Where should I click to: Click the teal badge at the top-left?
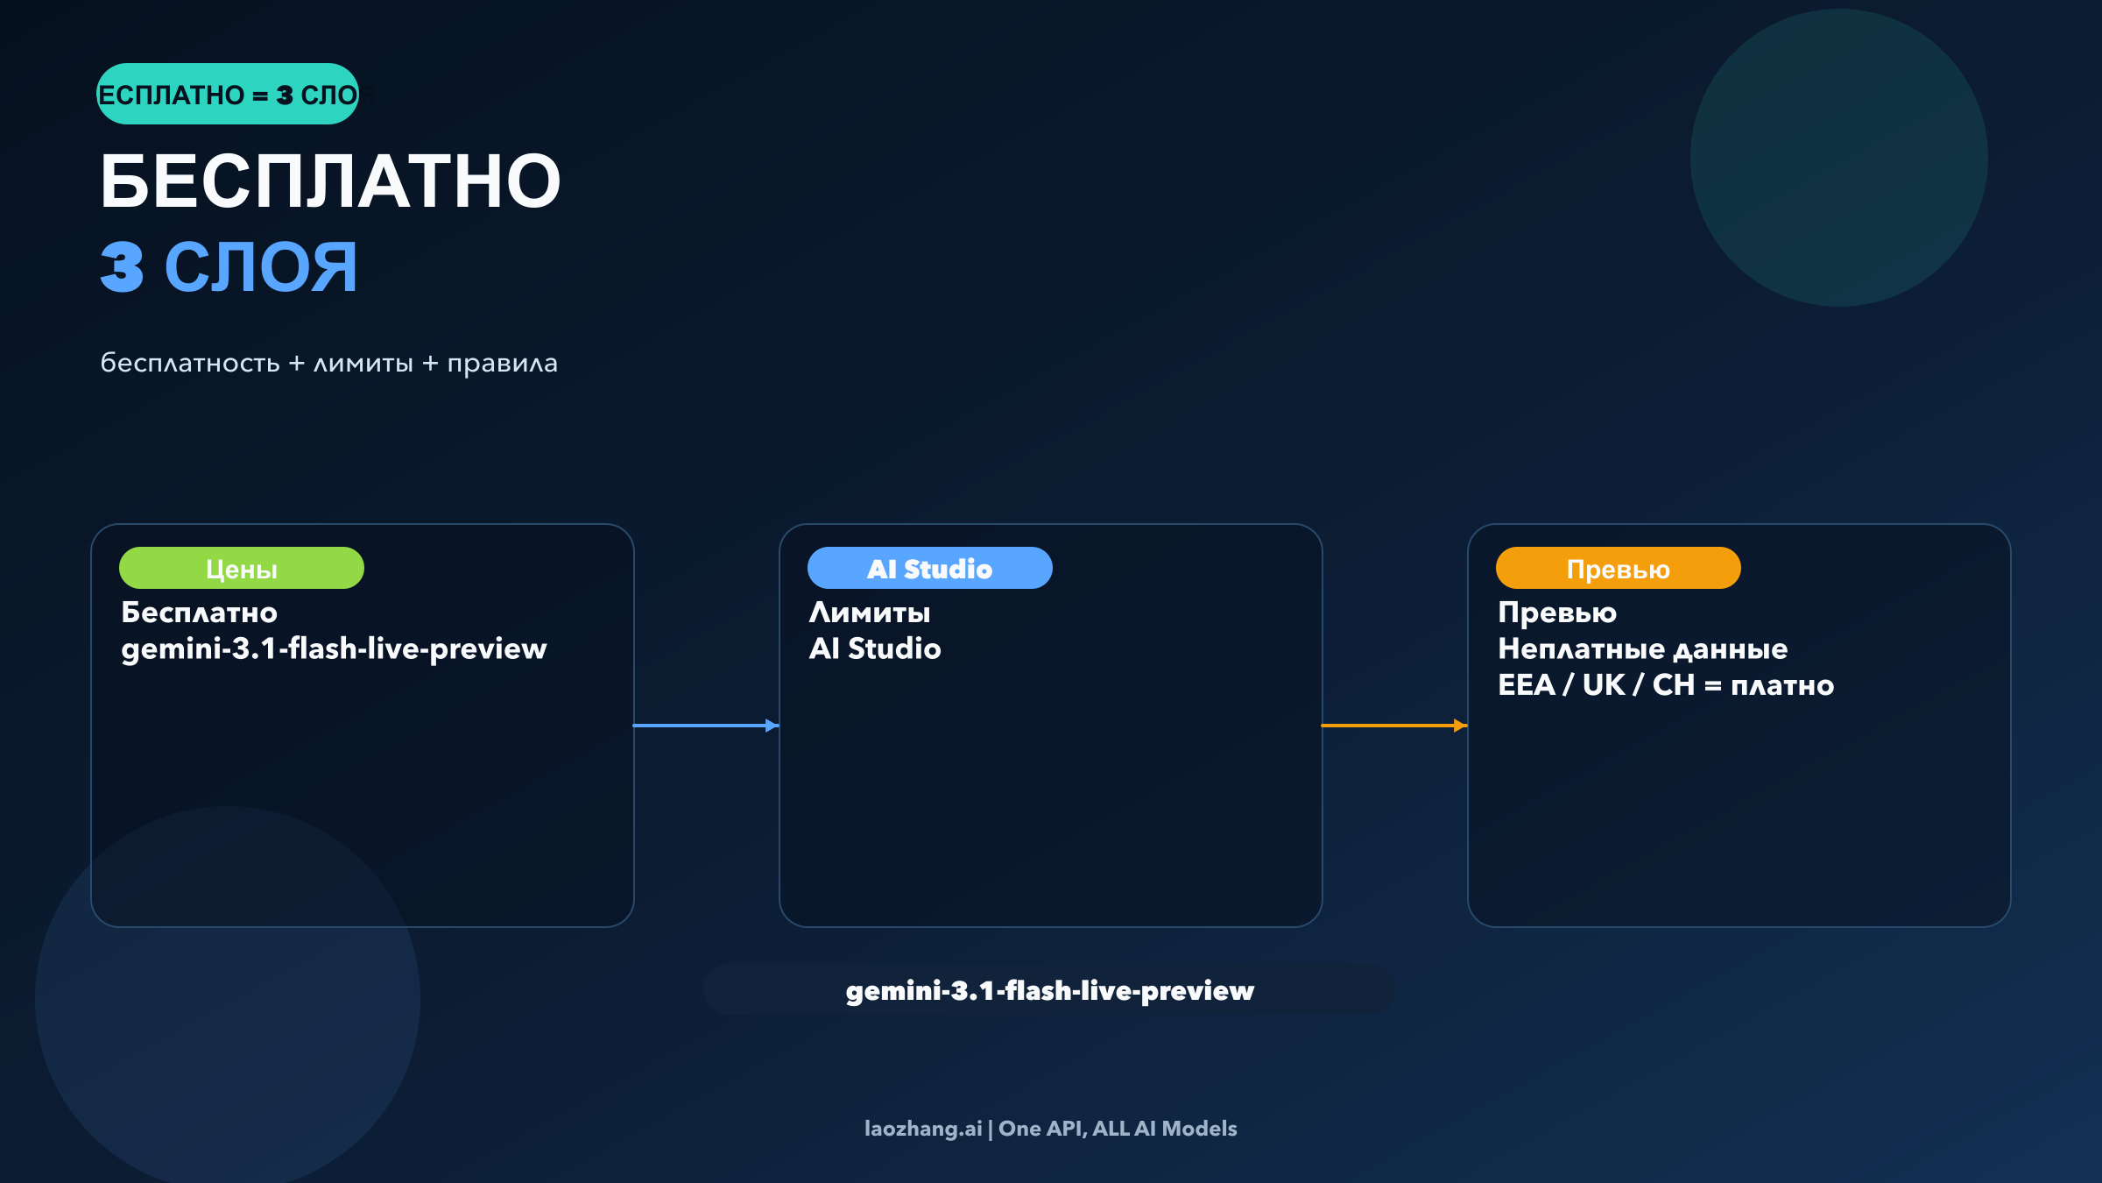point(228,94)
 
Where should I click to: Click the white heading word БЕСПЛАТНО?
point(330,181)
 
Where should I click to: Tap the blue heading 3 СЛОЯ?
point(229,267)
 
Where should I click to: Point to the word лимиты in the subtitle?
point(363,363)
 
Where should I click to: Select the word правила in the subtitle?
point(502,363)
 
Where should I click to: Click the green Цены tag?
point(242,569)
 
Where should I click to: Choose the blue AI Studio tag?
point(929,569)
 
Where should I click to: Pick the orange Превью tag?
point(1618,569)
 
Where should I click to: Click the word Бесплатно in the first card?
point(199,613)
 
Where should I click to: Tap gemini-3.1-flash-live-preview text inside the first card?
point(334,649)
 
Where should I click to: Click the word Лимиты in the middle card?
point(870,613)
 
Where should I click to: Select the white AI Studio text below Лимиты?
point(875,649)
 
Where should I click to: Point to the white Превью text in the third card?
point(1557,613)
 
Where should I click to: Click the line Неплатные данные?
point(1642,649)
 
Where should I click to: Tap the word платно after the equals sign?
point(1782,685)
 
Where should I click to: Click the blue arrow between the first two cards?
point(706,726)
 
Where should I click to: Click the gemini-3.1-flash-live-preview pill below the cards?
point(1050,990)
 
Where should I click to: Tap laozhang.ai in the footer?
point(923,1129)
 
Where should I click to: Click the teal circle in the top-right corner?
point(1838,158)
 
